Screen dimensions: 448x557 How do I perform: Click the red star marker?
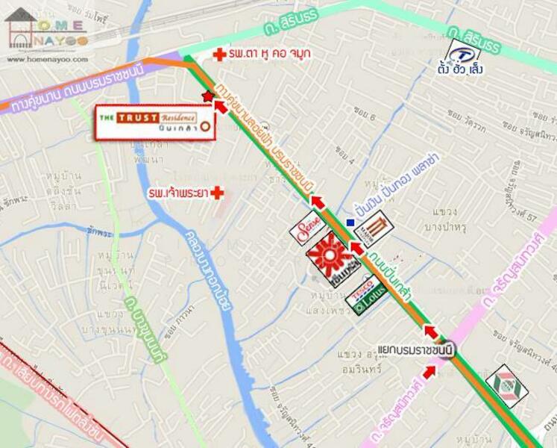click(207, 96)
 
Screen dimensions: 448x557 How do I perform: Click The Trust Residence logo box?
click(154, 122)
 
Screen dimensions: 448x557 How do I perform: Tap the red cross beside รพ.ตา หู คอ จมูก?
click(219, 55)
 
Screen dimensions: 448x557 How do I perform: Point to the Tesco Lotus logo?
click(366, 295)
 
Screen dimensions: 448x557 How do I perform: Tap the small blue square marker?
click(350, 222)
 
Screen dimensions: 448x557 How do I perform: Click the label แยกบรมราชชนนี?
click(415, 349)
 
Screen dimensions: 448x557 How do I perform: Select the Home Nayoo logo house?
click(21, 28)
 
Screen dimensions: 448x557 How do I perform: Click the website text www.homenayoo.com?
click(46, 59)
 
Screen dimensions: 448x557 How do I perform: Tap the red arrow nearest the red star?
click(220, 106)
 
